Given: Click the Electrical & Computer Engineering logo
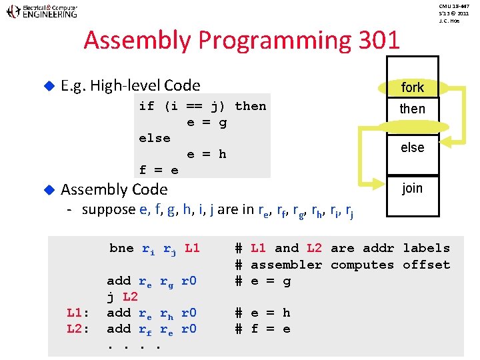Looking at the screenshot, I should pos(41,11).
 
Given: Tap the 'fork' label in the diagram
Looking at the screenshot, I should pos(412,87).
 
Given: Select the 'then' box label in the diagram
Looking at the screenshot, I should pos(412,109).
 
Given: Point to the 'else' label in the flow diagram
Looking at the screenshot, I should pos(412,147).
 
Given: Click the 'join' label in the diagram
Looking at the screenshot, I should pos(412,188).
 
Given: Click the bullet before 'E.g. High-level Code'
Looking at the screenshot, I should pos(47,85).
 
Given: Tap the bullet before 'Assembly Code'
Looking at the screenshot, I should pos(47,190).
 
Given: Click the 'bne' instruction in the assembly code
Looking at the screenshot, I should pos(121,248).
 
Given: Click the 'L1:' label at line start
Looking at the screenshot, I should pos(78,313).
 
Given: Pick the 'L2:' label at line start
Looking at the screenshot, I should pos(78,329).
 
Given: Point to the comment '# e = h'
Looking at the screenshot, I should pos(263,313).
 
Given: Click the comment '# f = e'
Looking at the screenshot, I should pos(263,329).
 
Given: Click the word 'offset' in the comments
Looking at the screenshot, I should pos(426,265).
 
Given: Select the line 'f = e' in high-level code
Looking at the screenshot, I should pos(158,170).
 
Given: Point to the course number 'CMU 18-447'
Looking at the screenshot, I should pos(454,5).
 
